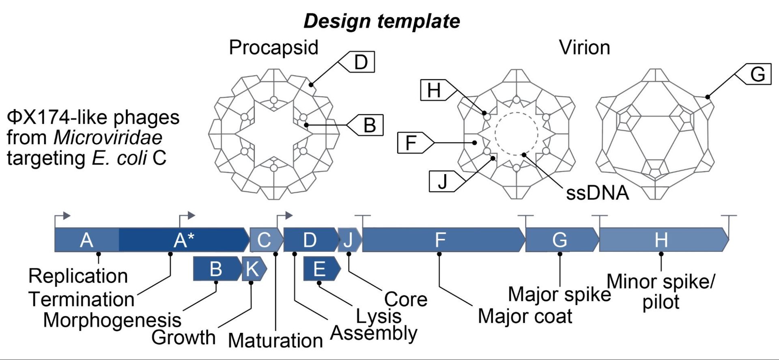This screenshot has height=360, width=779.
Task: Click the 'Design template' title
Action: (x=381, y=21)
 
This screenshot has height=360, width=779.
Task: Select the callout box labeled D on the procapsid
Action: (x=359, y=62)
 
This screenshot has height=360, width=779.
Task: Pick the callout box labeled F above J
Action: (x=412, y=143)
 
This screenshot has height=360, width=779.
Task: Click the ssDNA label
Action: (x=597, y=193)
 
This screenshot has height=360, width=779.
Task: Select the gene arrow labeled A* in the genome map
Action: (x=183, y=240)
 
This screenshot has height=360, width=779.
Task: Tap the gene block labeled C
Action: (x=265, y=240)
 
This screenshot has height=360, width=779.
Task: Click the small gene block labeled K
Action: (x=253, y=269)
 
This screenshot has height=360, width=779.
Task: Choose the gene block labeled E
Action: (x=321, y=269)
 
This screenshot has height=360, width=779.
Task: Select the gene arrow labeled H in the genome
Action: (x=661, y=240)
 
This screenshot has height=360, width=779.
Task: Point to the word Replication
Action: (x=78, y=276)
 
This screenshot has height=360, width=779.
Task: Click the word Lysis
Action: (x=379, y=316)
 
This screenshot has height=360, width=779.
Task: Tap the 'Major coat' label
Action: (x=525, y=316)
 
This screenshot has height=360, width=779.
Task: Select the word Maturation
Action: (x=275, y=340)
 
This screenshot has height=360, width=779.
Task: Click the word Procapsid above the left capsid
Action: (x=273, y=47)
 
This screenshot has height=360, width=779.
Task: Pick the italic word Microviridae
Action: (x=108, y=138)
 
